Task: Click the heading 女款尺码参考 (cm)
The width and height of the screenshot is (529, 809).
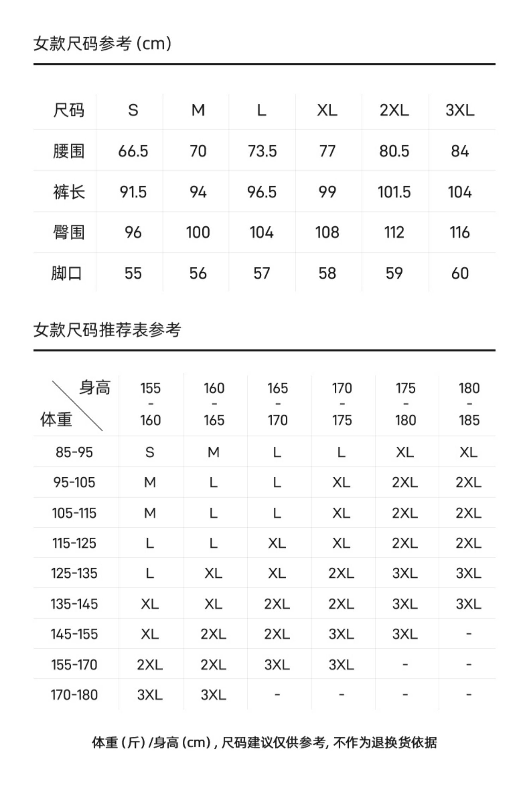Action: [102, 44]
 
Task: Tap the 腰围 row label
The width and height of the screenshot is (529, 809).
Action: [68, 151]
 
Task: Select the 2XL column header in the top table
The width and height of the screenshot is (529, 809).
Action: [394, 110]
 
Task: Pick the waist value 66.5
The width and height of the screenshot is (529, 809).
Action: [133, 151]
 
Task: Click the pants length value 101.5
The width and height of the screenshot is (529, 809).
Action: [394, 192]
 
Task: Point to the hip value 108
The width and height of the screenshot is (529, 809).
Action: [327, 233]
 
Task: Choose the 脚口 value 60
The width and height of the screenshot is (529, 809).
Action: [460, 273]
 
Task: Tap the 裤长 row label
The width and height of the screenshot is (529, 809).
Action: [68, 192]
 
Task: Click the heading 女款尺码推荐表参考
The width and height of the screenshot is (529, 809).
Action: [107, 330]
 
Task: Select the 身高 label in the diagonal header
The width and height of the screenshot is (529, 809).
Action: [95, 388]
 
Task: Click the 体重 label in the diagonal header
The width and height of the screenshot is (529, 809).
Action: [56, 419]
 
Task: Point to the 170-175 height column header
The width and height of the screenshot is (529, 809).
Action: [341, 404]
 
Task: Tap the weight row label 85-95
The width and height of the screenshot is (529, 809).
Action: [74, 452]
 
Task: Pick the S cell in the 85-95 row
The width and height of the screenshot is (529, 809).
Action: [150, 452]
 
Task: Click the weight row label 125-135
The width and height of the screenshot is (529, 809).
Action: [74, 574]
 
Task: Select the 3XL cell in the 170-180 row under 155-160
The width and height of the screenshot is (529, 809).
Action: [150, 695]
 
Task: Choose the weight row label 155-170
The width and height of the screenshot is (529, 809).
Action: [74, 665]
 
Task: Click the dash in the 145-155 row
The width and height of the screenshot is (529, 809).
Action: [468, 634]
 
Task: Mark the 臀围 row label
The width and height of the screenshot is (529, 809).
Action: [68, 233]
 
